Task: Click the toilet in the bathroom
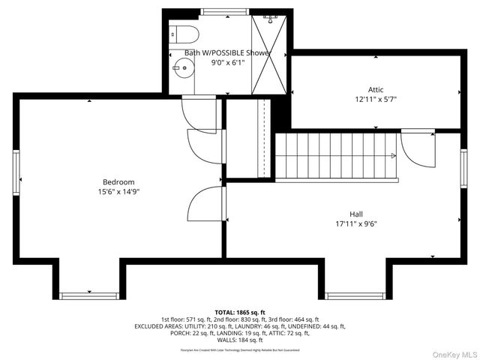pos(182,34)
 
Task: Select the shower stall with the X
pos(269,52)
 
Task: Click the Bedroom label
pos(118,182)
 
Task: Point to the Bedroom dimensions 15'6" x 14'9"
pos(118,192)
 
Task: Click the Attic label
pos(375,88)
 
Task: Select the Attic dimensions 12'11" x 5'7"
pos(375,99)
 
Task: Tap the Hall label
pos(355,214)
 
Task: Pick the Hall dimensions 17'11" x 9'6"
pos(355,223)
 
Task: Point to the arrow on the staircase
pos(392,156)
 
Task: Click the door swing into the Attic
pos(418,148)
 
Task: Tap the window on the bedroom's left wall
pos(15,172)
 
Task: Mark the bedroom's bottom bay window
pos(89,295)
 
